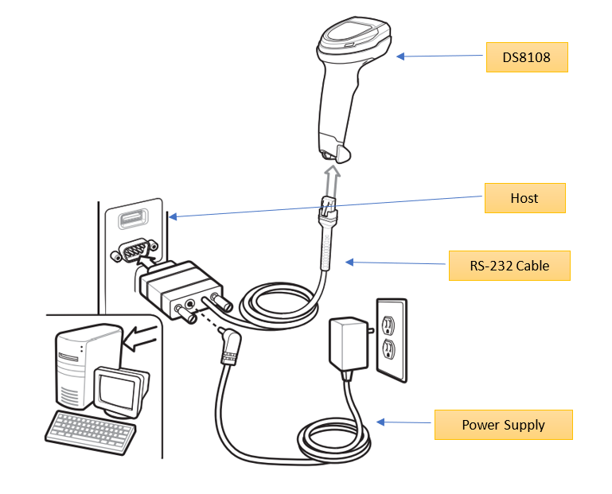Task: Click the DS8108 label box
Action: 527,57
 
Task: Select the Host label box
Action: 524,198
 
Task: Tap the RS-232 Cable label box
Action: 509,265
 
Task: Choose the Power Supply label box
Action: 503,424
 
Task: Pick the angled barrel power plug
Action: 234,344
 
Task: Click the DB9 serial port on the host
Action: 129,253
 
